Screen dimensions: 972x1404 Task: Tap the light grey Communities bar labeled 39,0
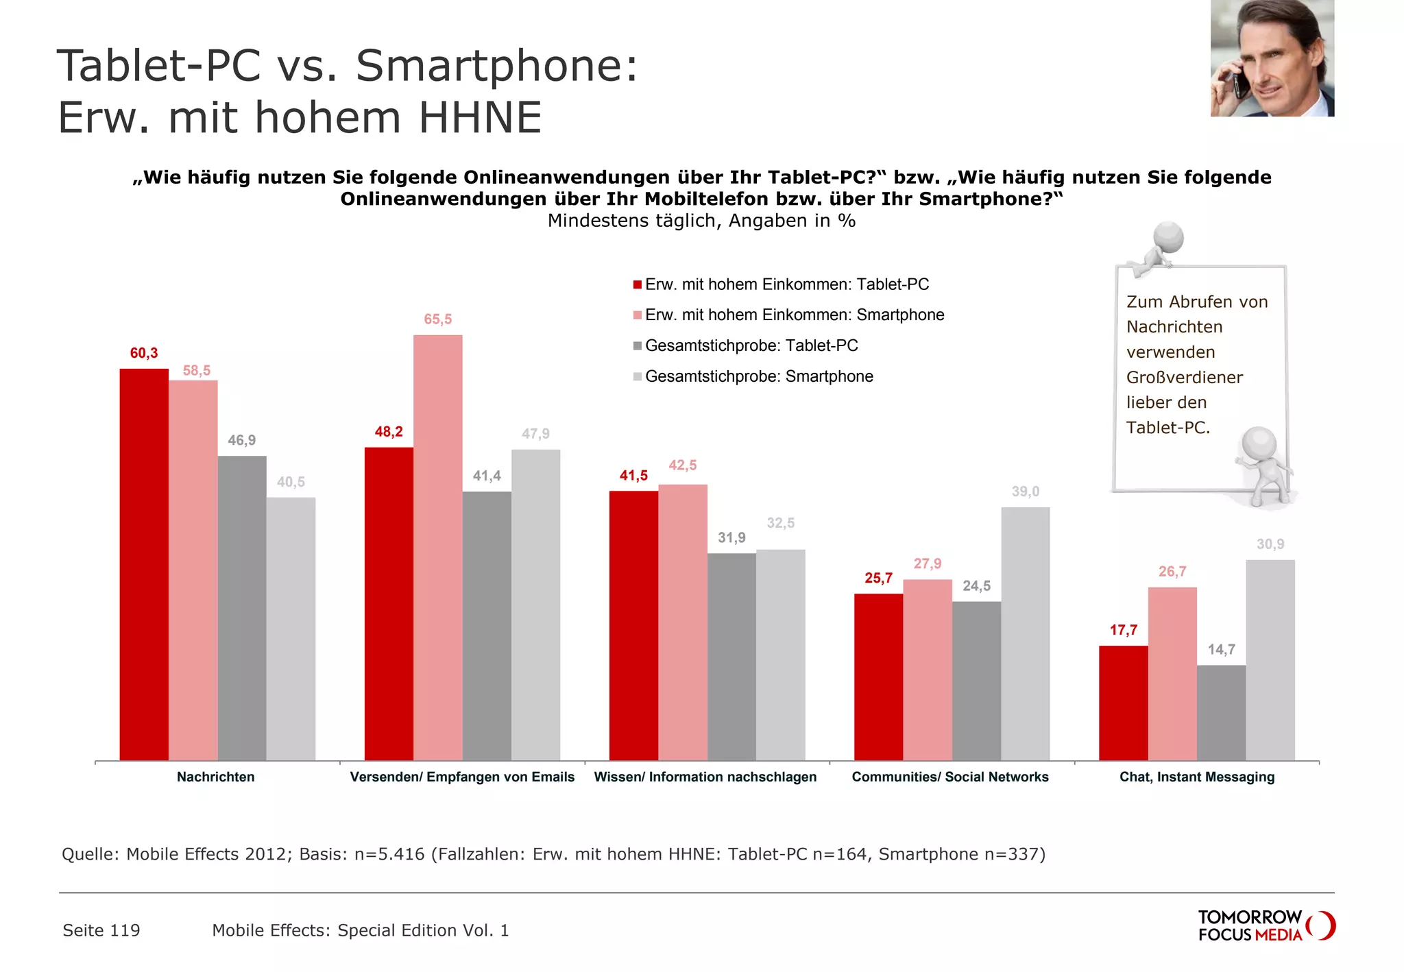point(1025,633)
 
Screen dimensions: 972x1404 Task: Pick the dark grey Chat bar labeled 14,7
point(1221,712)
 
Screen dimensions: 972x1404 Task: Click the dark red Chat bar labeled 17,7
point(1123,703)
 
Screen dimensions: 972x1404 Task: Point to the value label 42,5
point(682,465)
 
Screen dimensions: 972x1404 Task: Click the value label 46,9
point(241,440)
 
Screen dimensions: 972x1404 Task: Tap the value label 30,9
point(1270,544)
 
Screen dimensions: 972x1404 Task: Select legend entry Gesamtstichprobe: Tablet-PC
point(751,345)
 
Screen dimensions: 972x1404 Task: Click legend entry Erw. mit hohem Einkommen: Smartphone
point(794,315)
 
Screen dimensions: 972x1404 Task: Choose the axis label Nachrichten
point(215,777)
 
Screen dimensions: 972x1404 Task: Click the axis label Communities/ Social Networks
point(949,777)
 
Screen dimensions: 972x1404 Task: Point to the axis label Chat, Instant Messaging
point(1196,777)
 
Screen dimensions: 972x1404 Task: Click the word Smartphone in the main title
point(496,66)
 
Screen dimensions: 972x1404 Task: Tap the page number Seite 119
point(101,930)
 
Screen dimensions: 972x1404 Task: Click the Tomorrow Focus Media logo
point(1265,925)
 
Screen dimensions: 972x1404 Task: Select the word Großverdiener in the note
point(1184,377)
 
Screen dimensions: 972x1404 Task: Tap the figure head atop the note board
point(1168,237)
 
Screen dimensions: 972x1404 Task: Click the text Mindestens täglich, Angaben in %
point(701,221)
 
